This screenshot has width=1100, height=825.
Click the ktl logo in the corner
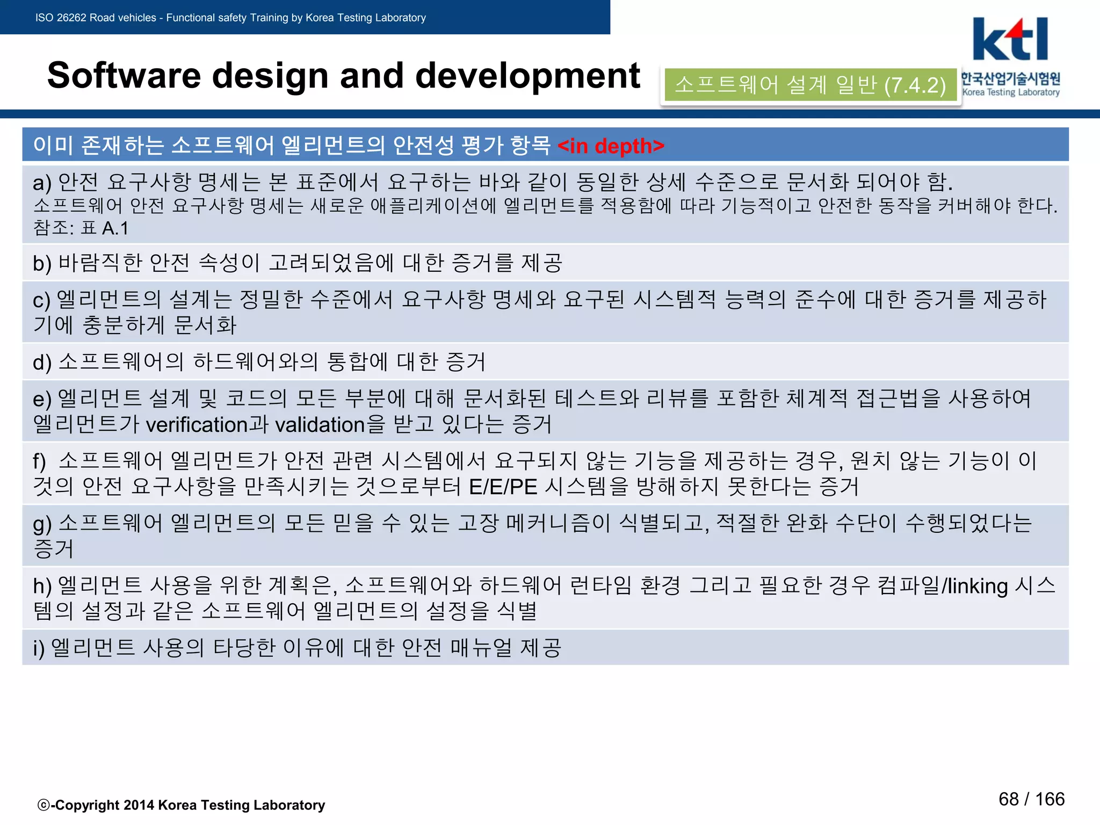(x=1010, y=39)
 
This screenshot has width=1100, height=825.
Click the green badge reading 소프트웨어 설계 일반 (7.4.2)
(x=810, y=85)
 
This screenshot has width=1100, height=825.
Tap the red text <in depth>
(x=611, y=146)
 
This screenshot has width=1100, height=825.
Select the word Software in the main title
(x=124, y=75)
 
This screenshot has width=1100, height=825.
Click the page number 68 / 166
(x=1031, y=799)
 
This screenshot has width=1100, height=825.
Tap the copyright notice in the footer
(x=182, y=805)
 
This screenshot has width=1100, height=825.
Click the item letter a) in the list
(x=42, y=183)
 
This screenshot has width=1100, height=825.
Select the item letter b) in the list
(x=42, y=263)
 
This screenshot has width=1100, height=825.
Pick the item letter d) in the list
(x=42, y=363)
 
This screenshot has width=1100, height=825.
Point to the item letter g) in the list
(x=42, y=523)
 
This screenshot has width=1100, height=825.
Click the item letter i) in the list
(x=39, y=648)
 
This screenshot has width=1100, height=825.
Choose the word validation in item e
(x=320, y=425)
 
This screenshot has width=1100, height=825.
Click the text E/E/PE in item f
(x=503, y=487)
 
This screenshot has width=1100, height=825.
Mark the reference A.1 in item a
(x=115, y=228)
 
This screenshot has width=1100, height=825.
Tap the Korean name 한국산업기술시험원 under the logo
(x=1010, y=79)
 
